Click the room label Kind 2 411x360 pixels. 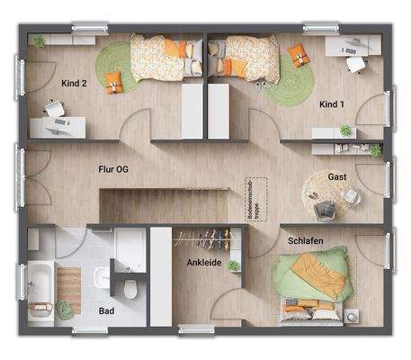pyautogui.click(x=74, y=83)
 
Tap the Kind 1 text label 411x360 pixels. pyautogui.click(x=332, y=104)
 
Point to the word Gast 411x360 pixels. pyautogui.click(x=337, y=176)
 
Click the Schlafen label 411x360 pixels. pyautogui.click(x=307, y=241)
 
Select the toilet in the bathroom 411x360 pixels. pyautogui.click(x=131, y=287)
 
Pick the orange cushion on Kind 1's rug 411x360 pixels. pyautogui.click(x=296, y=58)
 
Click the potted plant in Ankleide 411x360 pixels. pyautogui.click(x=235, y=265)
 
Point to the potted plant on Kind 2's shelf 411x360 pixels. pyautogui.click(x=38, y=42)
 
